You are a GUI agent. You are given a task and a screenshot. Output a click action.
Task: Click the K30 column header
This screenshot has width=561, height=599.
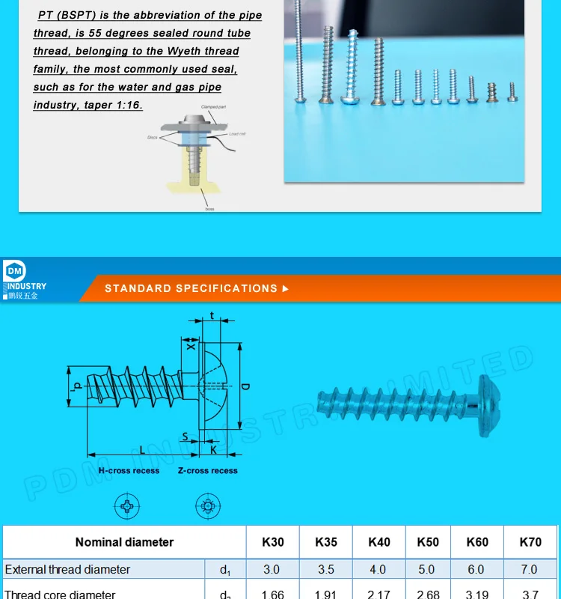(x=272, y=542)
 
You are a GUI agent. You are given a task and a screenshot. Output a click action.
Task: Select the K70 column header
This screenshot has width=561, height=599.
(x=530, y=542)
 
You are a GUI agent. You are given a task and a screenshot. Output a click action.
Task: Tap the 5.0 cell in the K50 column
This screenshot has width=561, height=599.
(x=426, y=570)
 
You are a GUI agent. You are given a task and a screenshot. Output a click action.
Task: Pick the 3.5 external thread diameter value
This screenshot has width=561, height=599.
(x=326, y=570)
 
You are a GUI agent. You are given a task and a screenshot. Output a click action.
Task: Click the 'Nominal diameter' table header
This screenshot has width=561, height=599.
(x=124, y=542)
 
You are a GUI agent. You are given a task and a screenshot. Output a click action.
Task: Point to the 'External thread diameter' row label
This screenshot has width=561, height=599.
(x=67, y=570)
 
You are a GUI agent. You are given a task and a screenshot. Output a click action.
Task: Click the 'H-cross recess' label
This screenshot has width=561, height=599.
(x=129, y=471)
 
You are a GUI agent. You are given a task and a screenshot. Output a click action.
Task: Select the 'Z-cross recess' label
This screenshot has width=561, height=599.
(x=208, y=471)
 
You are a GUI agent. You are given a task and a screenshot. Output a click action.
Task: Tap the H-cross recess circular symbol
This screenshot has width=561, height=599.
(x=127, y=506)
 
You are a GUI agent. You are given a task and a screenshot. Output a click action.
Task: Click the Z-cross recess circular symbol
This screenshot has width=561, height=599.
(x=208, y=506)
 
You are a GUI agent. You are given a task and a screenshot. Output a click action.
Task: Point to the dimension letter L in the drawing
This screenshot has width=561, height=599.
(x=142, y=449)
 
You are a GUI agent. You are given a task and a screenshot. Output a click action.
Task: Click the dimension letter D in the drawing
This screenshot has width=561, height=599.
(x=245, y=387)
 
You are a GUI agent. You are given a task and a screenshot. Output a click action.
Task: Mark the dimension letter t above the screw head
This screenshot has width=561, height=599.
(x=212, y=316)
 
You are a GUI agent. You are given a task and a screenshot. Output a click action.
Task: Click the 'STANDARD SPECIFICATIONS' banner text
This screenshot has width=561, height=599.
(x=191, y=288)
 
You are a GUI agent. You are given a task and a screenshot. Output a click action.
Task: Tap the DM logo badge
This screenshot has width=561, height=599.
(x=14, y=271)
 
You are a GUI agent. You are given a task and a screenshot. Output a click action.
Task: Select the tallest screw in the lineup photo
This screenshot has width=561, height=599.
(x=298, y=52)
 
